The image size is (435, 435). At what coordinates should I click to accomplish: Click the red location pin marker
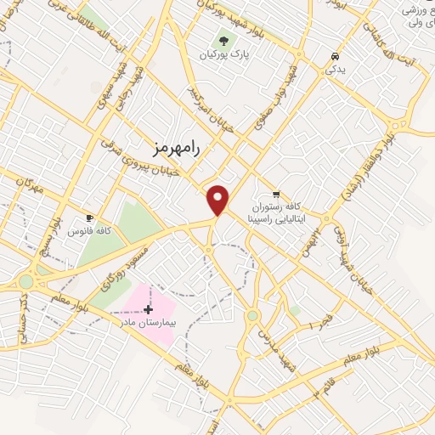click(x=219, y=200)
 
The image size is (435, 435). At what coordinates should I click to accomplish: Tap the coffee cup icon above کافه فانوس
click(x=90, y=217)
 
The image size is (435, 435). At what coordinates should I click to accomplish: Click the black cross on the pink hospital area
click(x=150, y=308)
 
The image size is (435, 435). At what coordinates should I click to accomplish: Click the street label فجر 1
click(x=319, y=322)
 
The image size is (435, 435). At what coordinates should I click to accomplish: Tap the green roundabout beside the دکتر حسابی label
click(x=25, y=280)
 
